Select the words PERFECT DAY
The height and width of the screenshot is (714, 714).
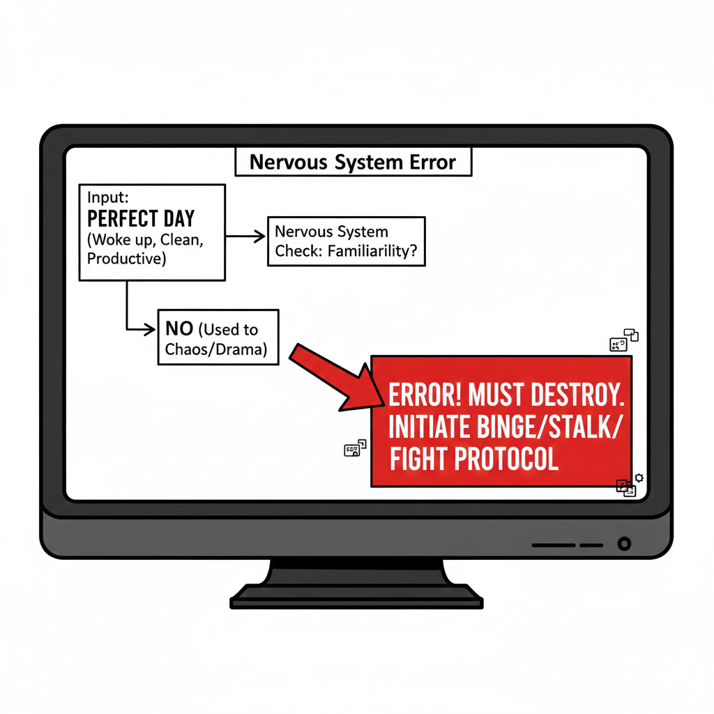click(x=142, y=219)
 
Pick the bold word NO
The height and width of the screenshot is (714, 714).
click(x=179, y=329)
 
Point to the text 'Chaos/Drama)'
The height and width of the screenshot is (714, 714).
click(x=216, y=349)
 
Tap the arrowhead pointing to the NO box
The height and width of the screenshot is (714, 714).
click(x=149, y=329)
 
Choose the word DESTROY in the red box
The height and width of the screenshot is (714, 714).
click(x=575, y=395)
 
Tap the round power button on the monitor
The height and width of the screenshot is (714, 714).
click(x=624, y=543)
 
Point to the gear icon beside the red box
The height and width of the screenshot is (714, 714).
click(x=639, y=478)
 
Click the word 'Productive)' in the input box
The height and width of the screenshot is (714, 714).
click(x=126, y=259)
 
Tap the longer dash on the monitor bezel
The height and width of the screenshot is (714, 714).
click(x=554, y=545)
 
